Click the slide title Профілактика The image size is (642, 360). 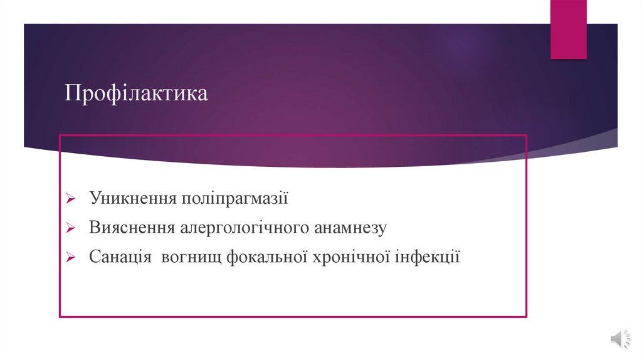tap(137, 95)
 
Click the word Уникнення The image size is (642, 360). tap(132, 199)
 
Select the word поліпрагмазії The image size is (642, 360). tap(234, 199)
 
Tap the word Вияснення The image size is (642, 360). tap(132, 228)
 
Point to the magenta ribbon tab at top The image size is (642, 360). tap(568, 29)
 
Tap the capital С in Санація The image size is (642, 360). tap(94, 257)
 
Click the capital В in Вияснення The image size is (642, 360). tap(94, 228)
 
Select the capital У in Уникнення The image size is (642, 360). tap(95, 199)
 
